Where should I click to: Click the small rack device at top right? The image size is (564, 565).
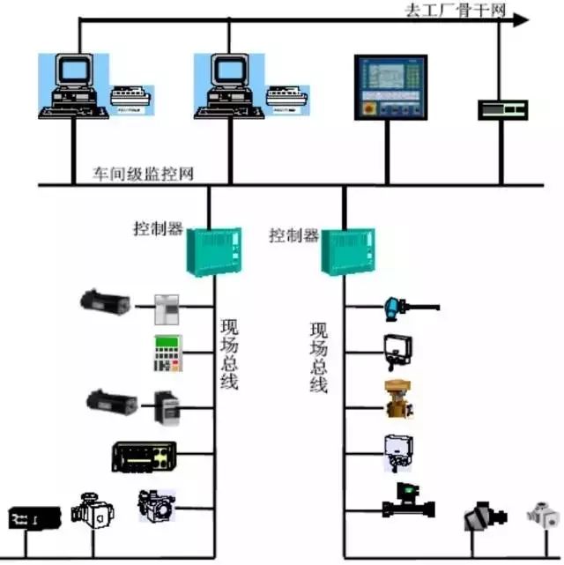tap(502, 108)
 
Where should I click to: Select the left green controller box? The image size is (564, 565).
tap(212, 249)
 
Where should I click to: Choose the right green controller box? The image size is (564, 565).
tap(347, 251)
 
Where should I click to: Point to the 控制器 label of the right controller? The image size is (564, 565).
tap(293, 235)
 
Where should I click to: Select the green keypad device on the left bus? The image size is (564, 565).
tap(168, 353)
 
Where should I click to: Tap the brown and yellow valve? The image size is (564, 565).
tap(398, 398)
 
